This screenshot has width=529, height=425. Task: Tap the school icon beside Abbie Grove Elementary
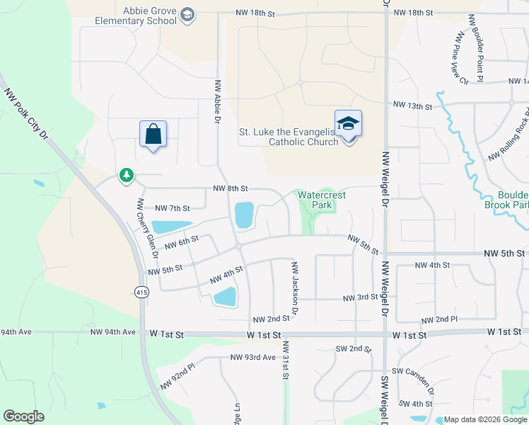coord(187,16)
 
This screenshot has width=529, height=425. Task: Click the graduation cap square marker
coord(348,124)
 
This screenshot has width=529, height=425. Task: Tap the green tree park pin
coord(127,174)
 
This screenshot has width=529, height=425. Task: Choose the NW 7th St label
coord(172,208)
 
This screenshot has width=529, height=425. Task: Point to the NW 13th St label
coord(412,106)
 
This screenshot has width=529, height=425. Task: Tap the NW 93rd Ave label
coord(252,358)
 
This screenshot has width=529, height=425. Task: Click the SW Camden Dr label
coord(412,380)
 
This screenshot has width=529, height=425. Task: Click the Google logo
coord(23,416)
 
